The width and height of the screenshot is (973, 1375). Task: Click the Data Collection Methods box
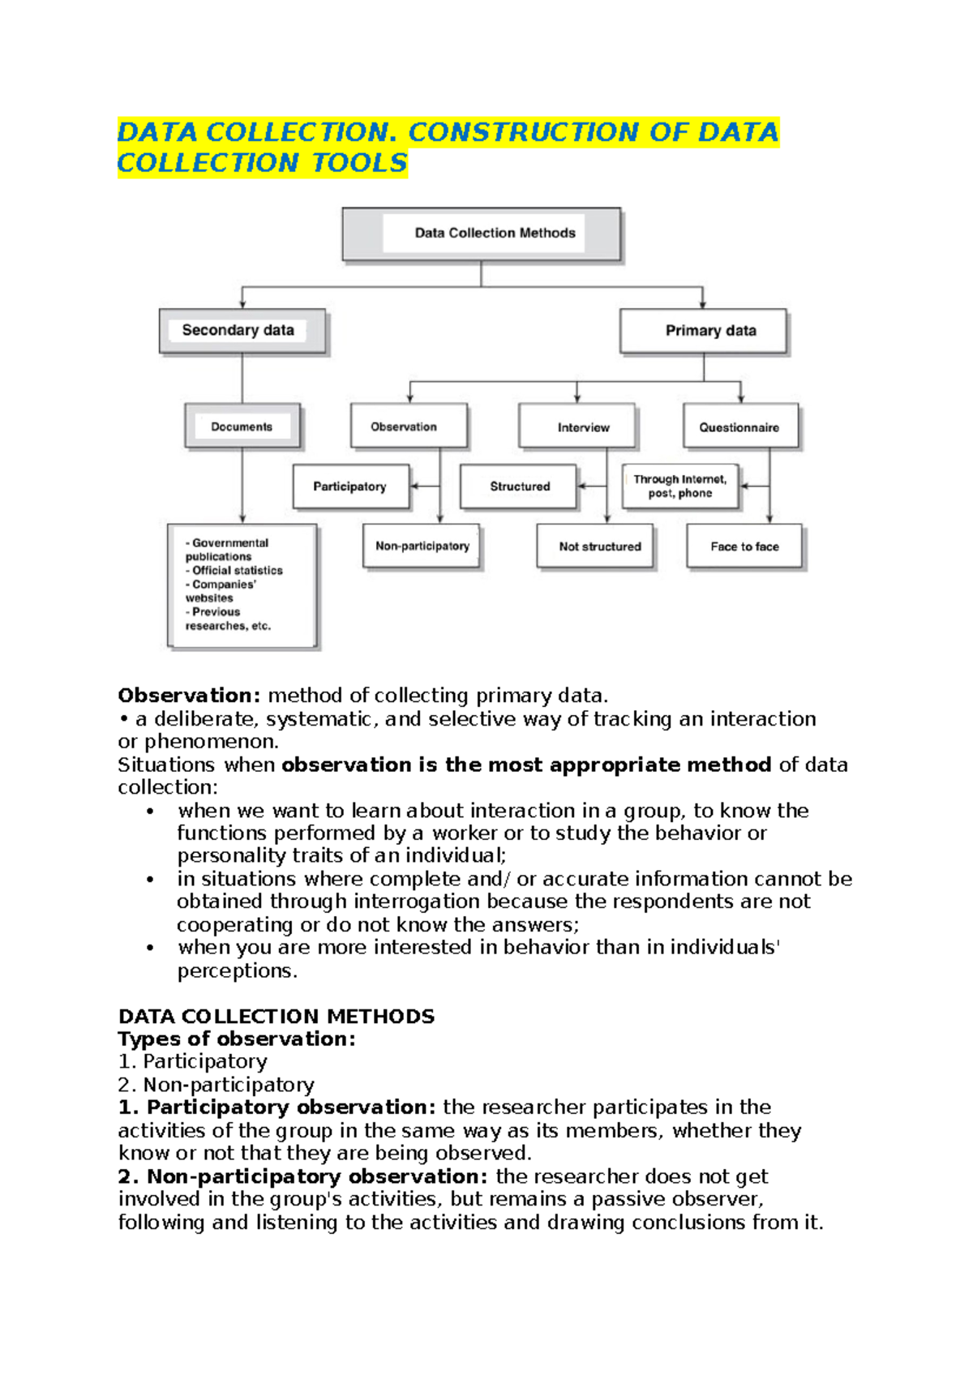click(x=482, y=233)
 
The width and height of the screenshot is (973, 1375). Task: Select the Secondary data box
click(x=242, y=331)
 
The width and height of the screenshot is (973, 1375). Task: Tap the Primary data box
click(x=703, y=331)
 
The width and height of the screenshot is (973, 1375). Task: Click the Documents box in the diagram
click(x=242, y=426)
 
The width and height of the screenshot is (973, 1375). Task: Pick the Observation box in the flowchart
click(x=409, y=426)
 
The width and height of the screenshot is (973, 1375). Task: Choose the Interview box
click(x=577, y=427)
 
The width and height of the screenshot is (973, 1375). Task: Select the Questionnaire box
click(x=739, y=427)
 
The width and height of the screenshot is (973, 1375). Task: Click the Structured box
click(x=518, y=486)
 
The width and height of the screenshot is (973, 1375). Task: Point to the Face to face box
click(x=744, y=546)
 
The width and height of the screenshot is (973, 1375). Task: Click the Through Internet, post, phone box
click(x=680, y=486)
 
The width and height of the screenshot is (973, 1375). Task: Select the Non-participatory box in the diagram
click(x=422, y=546)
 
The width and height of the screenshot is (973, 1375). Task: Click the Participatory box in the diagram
click(x=350, y=486)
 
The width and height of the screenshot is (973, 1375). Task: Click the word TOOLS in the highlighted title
click(x=360, y=163)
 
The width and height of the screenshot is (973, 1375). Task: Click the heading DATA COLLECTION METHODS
click(x=276, y=1017)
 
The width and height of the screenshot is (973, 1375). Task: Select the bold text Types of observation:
click(x=236, y=1039)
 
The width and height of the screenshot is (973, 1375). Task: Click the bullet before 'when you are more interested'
click(x=150, y=948)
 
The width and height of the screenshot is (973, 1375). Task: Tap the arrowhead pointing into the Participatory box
click(x=414, y=486)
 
